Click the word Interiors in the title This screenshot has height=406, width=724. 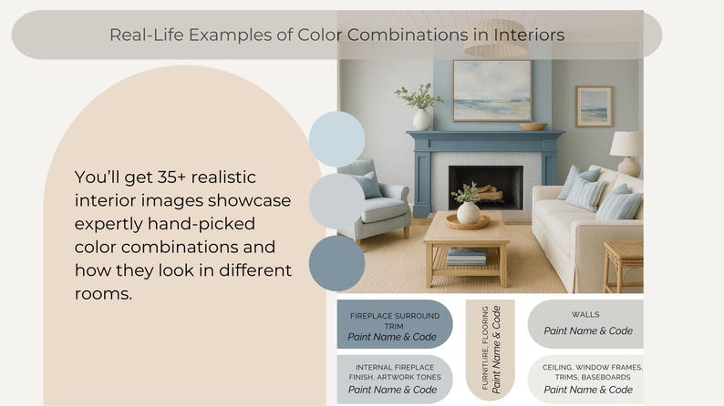click(x=526, y=36)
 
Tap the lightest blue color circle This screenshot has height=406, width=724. click(x=336, y=138)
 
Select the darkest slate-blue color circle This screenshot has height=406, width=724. click(x=336, y=262)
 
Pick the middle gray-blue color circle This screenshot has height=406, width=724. click(x=336, y=200)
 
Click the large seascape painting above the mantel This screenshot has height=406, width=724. click(x=491, y=90)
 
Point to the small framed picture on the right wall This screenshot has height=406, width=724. click(x=594, y=107)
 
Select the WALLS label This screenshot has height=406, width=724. click(x=585, y=315)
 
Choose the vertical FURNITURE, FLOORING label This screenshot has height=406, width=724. click(x=490, y=350)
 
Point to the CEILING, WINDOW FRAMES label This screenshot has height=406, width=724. click(x=592, y=372)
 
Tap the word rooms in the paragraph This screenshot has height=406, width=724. click(x=101, y=294)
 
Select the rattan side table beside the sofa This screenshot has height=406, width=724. click(x=624, y=264)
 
